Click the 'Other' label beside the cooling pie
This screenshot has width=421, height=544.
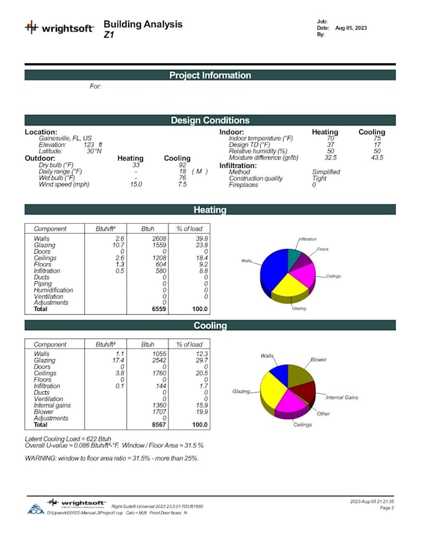(x=323, y=414)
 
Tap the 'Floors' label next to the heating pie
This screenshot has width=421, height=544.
(x=323, y=249)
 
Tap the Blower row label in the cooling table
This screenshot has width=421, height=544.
(x=43, y=412)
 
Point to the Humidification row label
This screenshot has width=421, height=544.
(x=53, y=290)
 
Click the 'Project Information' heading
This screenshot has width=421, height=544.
(x=210, y=75)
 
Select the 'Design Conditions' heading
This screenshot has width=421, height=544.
(x=210, y=121)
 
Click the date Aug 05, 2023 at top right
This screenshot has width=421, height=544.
(x=351, y=28)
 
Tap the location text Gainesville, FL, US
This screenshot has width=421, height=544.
(x=65, y=138)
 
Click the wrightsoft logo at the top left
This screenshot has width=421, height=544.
(x=59, y=28)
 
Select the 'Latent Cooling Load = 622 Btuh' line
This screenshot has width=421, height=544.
(x=68, y=438)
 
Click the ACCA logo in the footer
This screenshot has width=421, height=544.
(x=35, y=509)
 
